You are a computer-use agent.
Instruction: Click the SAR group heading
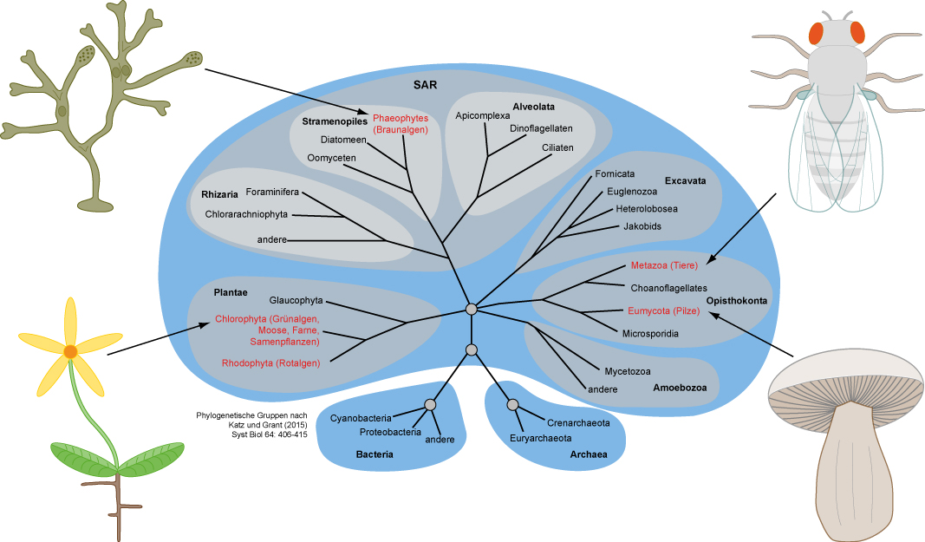pos(425,85)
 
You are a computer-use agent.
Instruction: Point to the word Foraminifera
pos(273,191)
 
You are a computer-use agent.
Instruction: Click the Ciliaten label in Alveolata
pos(557,147)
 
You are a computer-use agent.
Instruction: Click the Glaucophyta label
pos(296,300)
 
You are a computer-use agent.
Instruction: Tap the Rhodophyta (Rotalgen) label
pos(271,362)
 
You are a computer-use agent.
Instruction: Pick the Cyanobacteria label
pos(362,418)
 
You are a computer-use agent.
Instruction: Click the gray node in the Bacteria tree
pos(429,404)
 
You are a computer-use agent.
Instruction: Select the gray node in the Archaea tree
pos(512,404)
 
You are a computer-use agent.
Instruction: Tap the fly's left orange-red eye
pos(817,33)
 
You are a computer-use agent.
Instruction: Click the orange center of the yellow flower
pos(70,351)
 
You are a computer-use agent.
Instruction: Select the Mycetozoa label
pos(627,371)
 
